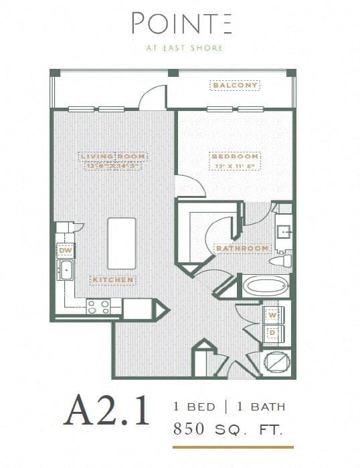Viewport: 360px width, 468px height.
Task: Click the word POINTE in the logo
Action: tap(181, 23)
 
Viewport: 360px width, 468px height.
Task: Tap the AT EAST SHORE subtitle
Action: tap(181, 47)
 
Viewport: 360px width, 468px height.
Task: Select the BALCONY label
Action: tap(235, 86)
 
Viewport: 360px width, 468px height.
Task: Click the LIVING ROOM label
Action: tap(114, 156)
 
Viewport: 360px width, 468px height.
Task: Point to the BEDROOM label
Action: tap(235, 156)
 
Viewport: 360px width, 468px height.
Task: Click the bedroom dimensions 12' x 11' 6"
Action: tap(235, 166)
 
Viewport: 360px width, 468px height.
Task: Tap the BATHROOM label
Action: tap(242, 249)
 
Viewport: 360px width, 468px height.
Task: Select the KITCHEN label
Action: tap(114, 279)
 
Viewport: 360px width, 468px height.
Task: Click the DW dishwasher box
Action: tap(66, 251)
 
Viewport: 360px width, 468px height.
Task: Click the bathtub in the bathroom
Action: tap(266, 287)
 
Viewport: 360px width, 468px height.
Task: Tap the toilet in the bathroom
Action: tap(284, 260)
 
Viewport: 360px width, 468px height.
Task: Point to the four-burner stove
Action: tap(98, 306)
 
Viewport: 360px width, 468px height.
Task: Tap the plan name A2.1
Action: tap(107, 413)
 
